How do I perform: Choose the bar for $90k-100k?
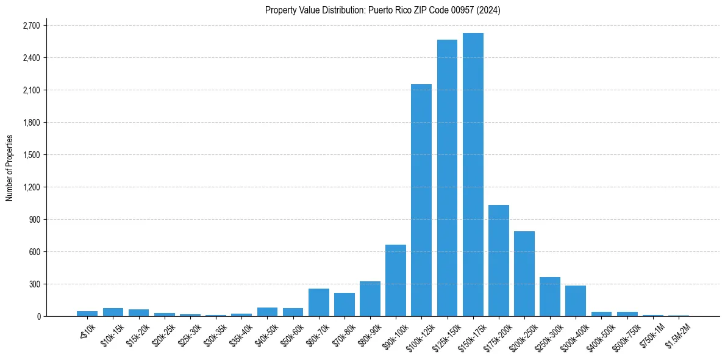click(396, 280)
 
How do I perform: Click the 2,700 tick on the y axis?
click(31, 26)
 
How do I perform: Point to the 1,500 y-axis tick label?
click(31, 155)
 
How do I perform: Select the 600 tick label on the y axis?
click(34, 252)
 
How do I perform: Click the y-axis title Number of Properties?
click(10, 168)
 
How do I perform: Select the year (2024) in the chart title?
click(490, 10)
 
